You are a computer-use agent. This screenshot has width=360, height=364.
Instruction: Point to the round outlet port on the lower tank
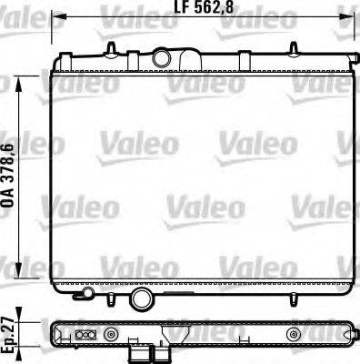pyautogui.click(x=141, y=299)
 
